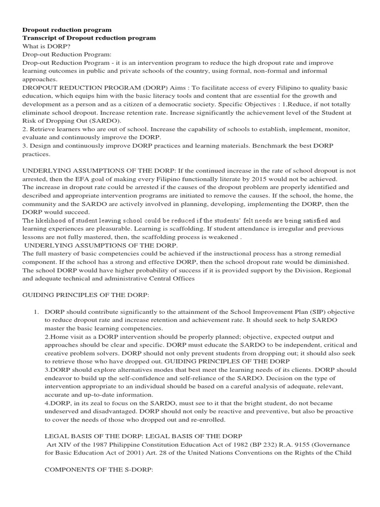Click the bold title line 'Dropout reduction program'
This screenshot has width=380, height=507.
(x=67, y=30)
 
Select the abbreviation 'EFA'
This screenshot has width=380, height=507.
(x=98, y=179)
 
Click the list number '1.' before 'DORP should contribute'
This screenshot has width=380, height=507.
(x=36, y=312)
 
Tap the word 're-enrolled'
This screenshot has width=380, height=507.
(x=207, y=419)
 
